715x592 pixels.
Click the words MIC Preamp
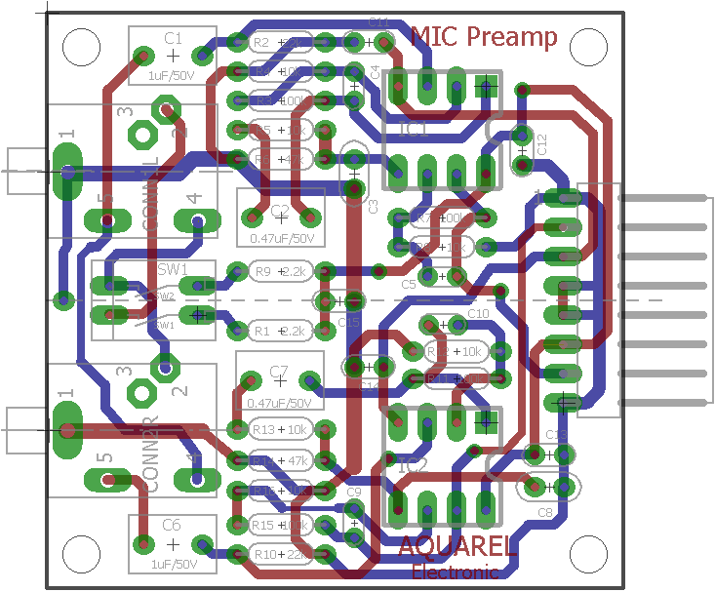tap(484, 37)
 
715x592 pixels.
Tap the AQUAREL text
tap(457, 547)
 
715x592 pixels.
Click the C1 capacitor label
tap(173, 38)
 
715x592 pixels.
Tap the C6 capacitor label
tap(172, 526)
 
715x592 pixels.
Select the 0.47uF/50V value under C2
tap(281, 238)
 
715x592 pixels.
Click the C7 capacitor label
tap(280, 371)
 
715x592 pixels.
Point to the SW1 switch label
tap(172, 267)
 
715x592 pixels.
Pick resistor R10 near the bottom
tap(281, 554)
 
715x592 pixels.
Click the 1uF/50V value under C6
tap(173, 564)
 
